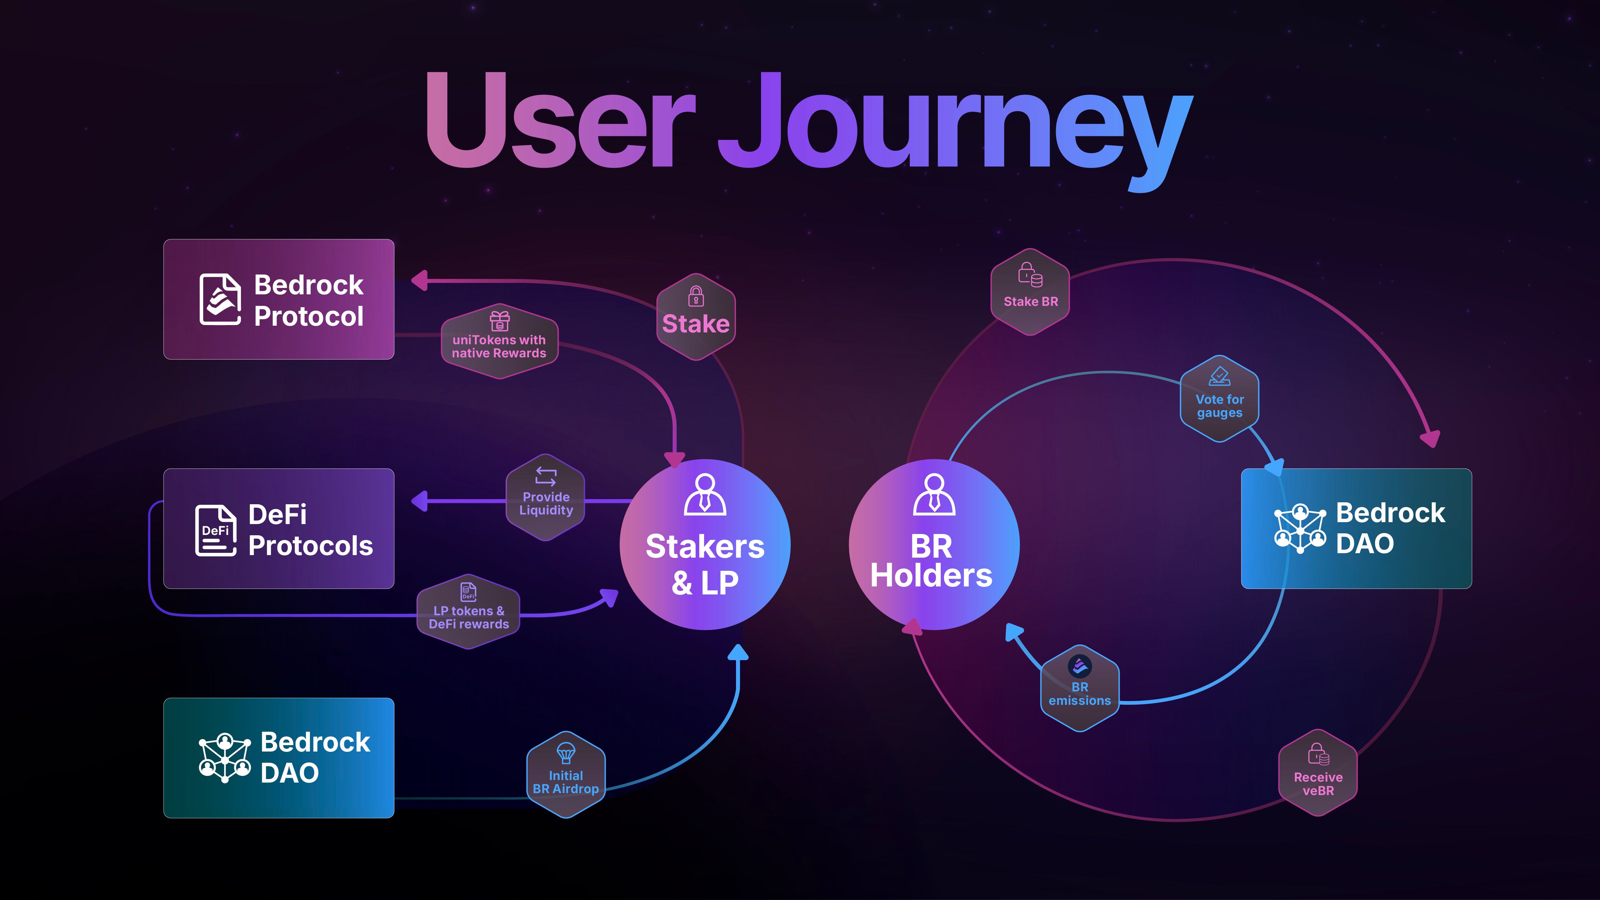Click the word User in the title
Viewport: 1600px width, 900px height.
559,121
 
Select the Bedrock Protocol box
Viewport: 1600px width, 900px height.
279,299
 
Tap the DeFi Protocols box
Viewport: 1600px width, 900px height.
279,529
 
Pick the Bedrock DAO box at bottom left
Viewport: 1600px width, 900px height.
279,758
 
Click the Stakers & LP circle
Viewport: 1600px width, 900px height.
705,545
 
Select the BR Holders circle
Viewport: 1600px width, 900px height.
933,545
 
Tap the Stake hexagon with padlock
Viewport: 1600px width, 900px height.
696,317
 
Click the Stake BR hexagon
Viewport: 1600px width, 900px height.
1030,292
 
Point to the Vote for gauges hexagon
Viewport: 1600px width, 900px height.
1219,399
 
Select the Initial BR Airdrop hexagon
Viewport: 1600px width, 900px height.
566,775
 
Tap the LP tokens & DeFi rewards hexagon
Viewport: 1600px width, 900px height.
468,612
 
